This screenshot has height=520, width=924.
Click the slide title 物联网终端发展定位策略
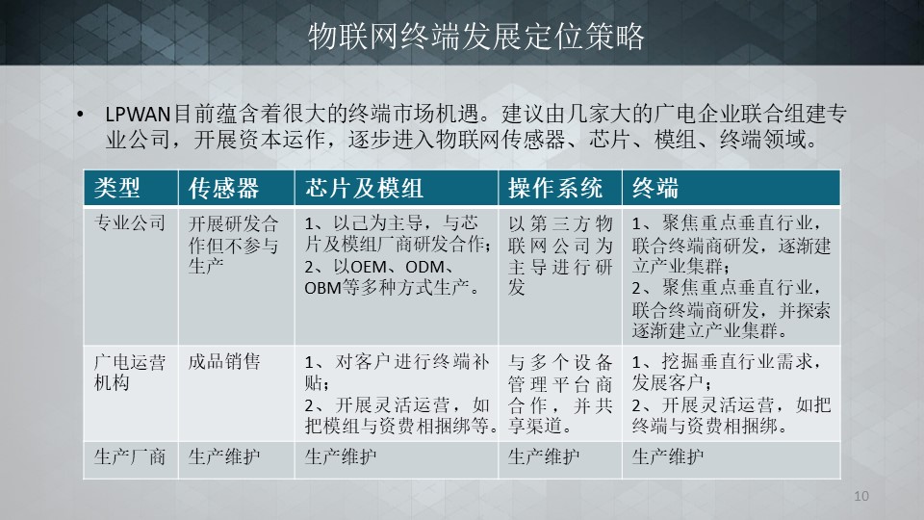click(x=476, y=37)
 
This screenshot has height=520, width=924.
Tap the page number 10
click(x=860, y=496)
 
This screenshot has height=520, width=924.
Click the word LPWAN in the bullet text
click(x=138, y=115)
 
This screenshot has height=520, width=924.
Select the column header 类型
click(x=116, y=188)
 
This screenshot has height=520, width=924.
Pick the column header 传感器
click(x=223, y=188)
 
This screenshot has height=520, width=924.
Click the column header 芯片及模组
click(x=364, y=188)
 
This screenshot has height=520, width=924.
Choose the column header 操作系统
click(x=555, y=188)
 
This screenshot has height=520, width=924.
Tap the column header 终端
click(x=655, y=188)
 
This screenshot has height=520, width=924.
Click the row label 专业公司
click(x=130, y=222)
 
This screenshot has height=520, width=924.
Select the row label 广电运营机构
click(x=130, y=372)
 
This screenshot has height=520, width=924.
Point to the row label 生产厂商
click(x=130, y=456)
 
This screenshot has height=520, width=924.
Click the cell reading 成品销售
click(x=224, y=361)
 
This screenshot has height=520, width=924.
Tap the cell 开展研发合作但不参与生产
click(x=233, y=245)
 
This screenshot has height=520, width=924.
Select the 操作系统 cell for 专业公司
click(x=560, y=255)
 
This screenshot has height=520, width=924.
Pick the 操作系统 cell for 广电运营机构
click(x=560, y=394)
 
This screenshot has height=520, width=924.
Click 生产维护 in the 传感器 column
click(x=224, y=456)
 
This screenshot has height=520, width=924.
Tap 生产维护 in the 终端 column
click(x=668, y=456)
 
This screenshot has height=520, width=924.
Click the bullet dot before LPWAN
click(x=80, y=115)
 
